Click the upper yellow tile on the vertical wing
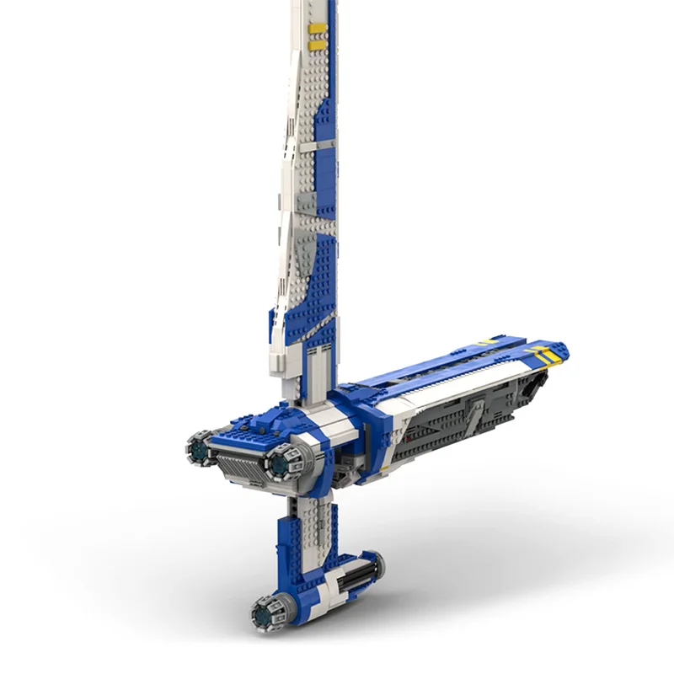(x=318, y=28)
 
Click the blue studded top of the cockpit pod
(x=253, y=428)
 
